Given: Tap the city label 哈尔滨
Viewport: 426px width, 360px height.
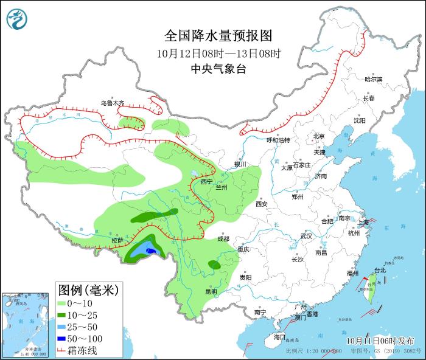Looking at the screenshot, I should [x=373, y=80].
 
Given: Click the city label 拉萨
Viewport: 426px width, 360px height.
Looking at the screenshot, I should [x=117, y=240].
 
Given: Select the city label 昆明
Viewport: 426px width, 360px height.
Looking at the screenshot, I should [x=211, y=291].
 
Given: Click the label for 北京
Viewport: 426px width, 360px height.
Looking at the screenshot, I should [x=319, y=136].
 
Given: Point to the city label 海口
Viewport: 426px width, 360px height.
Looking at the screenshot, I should [x=279, y=336].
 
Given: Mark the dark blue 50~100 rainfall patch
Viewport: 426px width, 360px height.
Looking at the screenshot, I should [x=152, y=251].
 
